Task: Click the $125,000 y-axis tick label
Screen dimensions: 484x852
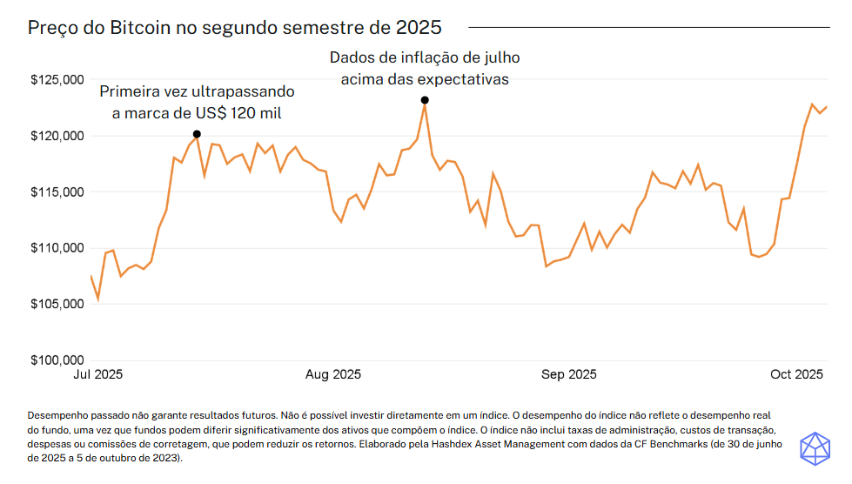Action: tap(57, 80)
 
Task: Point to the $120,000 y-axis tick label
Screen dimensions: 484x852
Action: tap(57, 136)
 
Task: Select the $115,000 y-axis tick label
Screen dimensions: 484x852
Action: tap(57, 192)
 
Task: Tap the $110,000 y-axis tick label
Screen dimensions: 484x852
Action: tap(57, 248)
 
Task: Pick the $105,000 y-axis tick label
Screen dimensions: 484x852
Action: tap(57, 304)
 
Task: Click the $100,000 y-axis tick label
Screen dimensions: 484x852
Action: tap(57, 360)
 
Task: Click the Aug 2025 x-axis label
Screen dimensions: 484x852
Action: tap(332, 375)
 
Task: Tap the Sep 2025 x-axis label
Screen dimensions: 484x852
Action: tap(569, 375)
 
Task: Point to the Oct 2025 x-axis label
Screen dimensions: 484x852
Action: tap(796, 375)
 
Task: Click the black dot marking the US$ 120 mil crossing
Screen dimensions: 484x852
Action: tap(197, 134)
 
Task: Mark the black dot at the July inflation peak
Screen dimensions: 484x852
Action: tap(425, 100)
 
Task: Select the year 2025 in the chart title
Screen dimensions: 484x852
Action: tap(419, 28)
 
